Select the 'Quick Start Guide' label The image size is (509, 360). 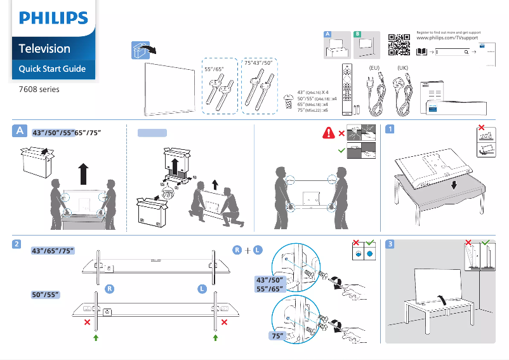coord(52,69)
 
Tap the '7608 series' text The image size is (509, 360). coord(39,90)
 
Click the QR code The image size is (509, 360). coord(399,44)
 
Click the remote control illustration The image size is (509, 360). coord(346,88)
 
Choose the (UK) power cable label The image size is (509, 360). coord(402,67)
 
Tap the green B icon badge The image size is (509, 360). coord(357,33)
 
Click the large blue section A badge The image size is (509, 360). coord(20,131)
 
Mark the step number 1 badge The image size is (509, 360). coord(390,129)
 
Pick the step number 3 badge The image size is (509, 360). coord(390,244)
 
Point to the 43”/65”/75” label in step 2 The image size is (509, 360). coord(53,250)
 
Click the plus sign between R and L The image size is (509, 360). coord(247,251)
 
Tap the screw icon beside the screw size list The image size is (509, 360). coord(289,100)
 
